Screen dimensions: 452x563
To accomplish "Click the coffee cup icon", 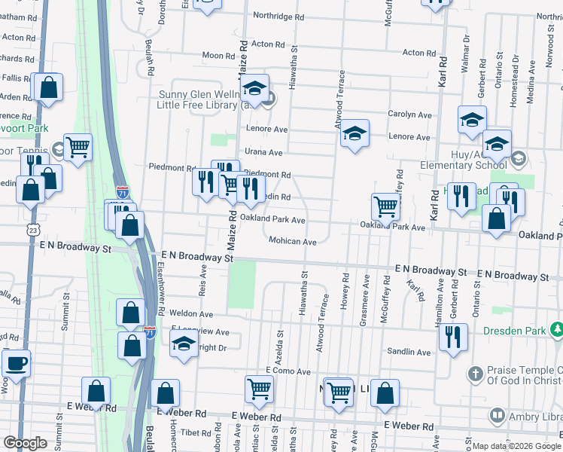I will click(16, 363).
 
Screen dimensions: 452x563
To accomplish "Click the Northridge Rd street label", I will click(278, 16).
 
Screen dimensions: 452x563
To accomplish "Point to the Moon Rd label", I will click(218, 56).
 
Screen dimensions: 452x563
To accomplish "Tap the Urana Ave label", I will click(264, 152).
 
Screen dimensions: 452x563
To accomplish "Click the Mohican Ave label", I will click(292, 242).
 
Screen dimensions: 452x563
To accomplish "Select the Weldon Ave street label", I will click(191, 314).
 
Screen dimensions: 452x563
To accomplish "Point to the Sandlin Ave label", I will click(410, 352).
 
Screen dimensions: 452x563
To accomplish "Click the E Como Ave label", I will click(288, 371).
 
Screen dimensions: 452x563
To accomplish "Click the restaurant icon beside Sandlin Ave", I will click(453, 336).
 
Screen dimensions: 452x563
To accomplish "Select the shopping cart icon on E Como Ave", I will click(259, 389).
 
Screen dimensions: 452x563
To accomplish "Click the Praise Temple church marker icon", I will click(474, 374).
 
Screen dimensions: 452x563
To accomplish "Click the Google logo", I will click(25, 443).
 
